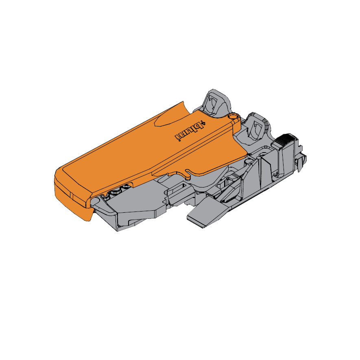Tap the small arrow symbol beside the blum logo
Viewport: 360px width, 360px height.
click(204, 122)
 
